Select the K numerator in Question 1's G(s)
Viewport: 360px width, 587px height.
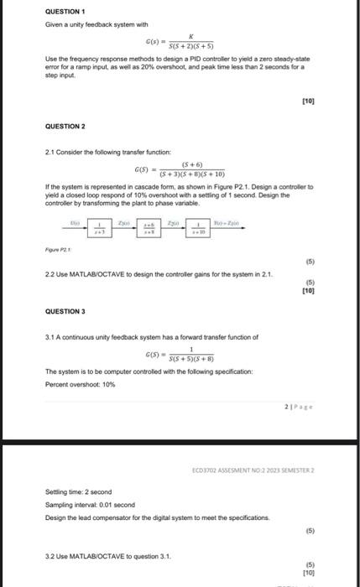pos(192,37)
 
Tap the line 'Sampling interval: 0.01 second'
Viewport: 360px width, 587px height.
pos(90,506)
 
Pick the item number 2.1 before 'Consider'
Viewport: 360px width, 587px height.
pos(50,151)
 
